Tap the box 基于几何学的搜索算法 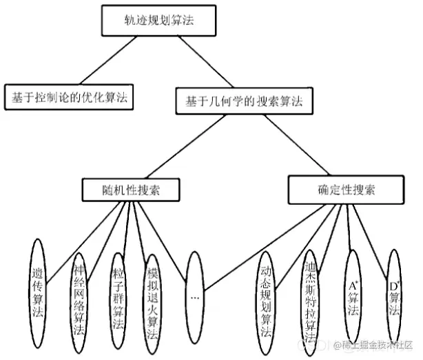(x=245, y=101)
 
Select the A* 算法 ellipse (x=353, y=293)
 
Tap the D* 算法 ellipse (x=393, y=293)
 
